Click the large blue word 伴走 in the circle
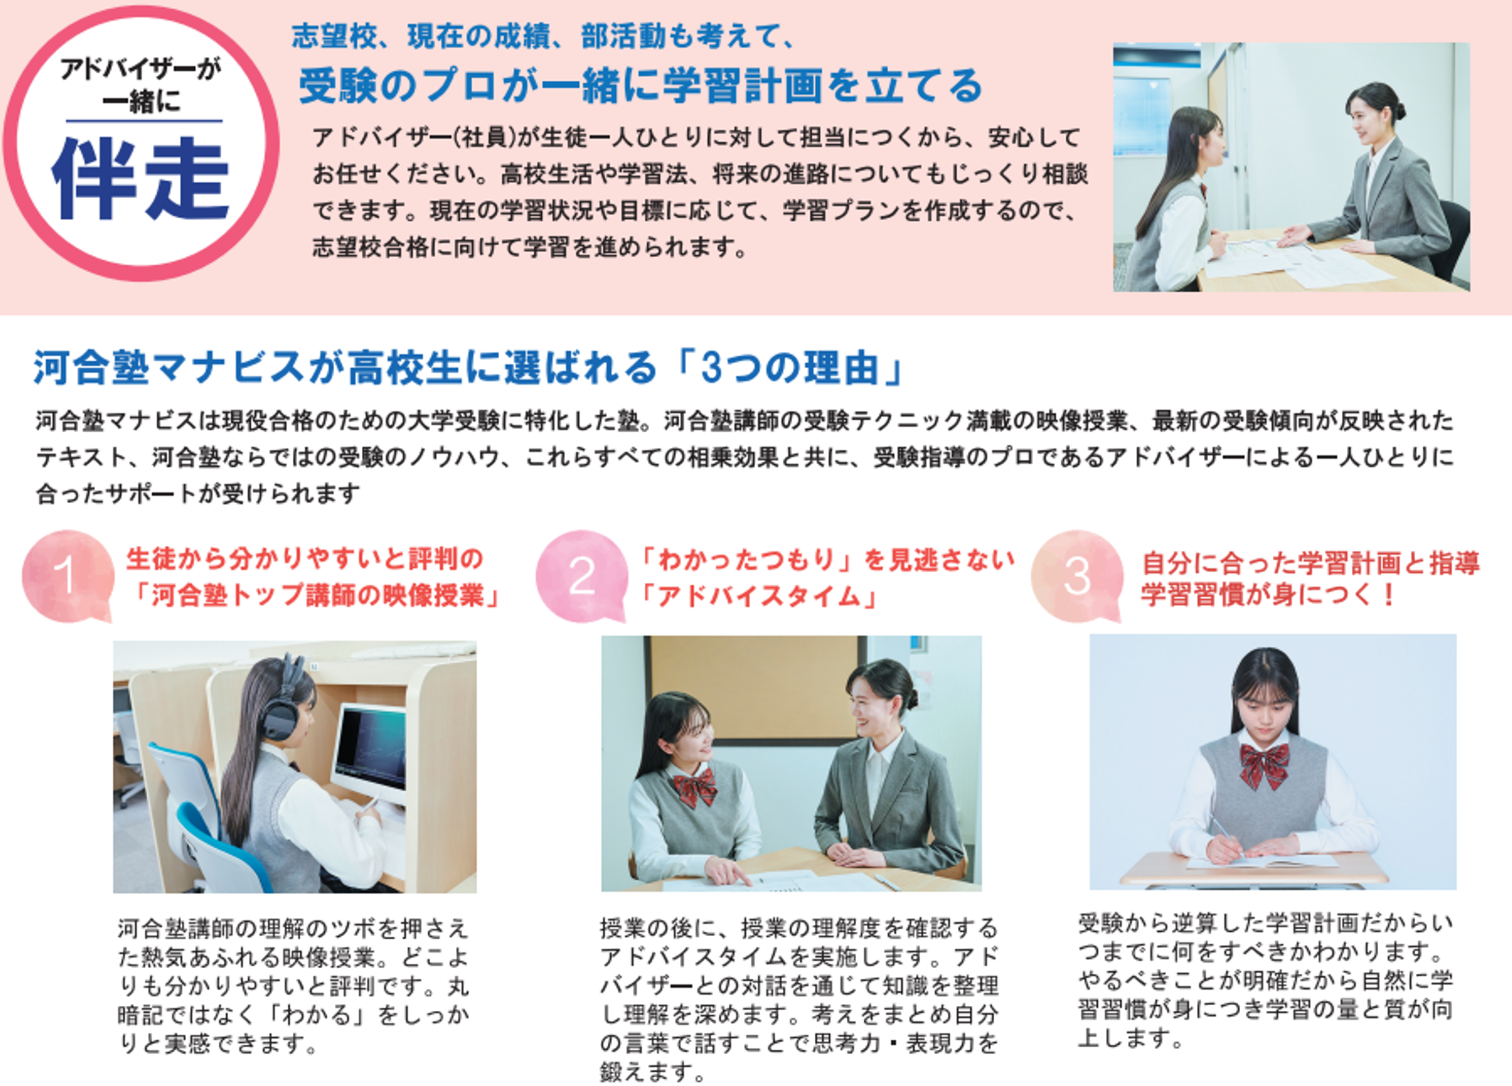click(x=141, y=179)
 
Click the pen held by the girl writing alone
click(x=1225, y=838)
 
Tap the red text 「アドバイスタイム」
click(x=757, y=596)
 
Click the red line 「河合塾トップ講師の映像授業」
click(x=313, y=596)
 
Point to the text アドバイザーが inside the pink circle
click(x=141, y=68)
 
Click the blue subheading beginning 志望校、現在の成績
click(x=542, y=36)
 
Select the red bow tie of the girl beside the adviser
click(x=695, y=788)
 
